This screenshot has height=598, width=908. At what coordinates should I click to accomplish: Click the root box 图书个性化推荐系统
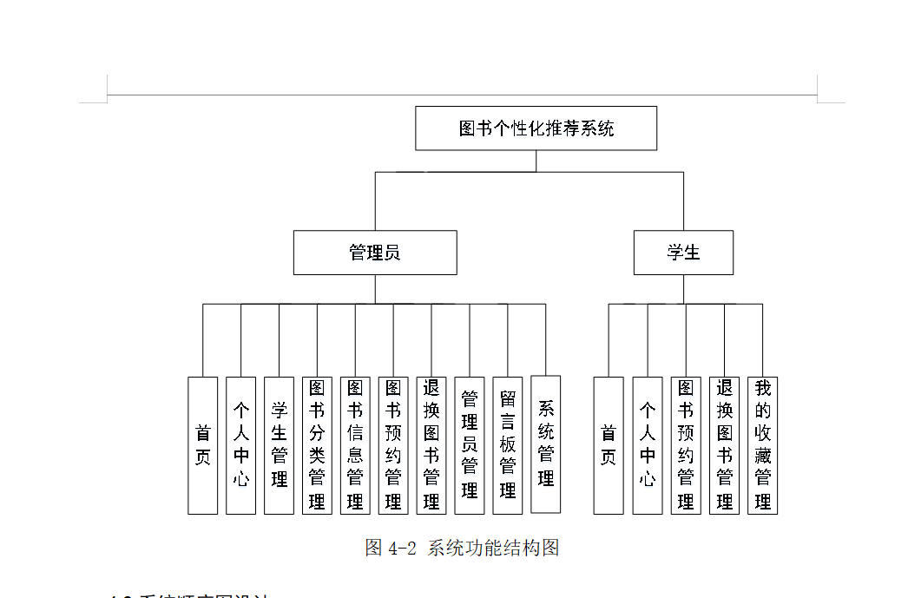pyautogui.click(x=536, y=128)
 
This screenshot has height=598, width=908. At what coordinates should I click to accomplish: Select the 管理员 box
pyautogui.click(x=375, y=253)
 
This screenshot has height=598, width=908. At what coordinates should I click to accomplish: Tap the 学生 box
pyautogui.click(x=683, y=253)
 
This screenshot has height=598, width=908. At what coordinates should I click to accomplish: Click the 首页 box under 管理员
pyautogui.click(x=203, y=445)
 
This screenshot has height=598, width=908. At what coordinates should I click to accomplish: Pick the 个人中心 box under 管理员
pyautogui.click(x=240, y=445)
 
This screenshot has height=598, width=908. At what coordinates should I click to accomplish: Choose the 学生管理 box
pyautogui.click(x=279, y=445)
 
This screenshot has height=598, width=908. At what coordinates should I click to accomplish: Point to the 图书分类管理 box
pyautogui.click(x=317, y=445)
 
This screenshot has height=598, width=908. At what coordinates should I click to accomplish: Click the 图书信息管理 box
pyautogui.click(x=355, y=445)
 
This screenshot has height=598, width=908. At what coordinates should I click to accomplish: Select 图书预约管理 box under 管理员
pyautogui.click(x=393, y=445)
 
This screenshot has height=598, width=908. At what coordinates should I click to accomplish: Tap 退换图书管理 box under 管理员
pyautogui.click(x=431, y=445)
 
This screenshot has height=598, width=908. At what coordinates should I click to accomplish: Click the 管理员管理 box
pyautogui.click(x=470, y=445)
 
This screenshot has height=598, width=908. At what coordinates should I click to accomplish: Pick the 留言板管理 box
pyautogui.click(x=508, y=445)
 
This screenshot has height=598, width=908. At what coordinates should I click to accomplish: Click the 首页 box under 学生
pyautogui.click(x=609, y=445)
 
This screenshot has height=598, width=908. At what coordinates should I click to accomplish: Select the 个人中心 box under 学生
pyautogui.click(x=648, y=445)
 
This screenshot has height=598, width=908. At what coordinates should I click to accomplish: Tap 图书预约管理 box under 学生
pyautogui.click(x=686, y=445)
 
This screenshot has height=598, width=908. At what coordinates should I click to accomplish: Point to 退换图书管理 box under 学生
pyautogui.click(x=724, y=445)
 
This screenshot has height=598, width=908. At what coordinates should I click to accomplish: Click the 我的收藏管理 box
pyautogui.click(x=762, y=445)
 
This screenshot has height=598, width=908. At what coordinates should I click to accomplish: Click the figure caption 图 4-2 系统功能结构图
pyautogui.click(x=462, y=548)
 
